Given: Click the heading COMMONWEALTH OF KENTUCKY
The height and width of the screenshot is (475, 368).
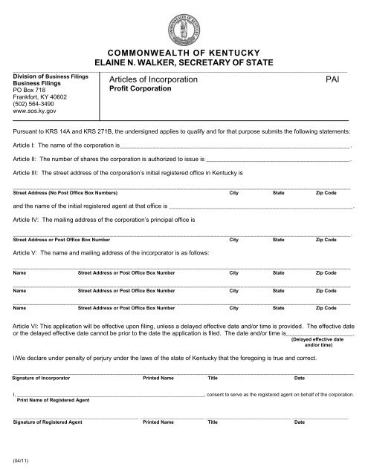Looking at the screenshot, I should point(184,53).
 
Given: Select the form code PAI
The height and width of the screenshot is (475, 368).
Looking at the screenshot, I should point(333,78).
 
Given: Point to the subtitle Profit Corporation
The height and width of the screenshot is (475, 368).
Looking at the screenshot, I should point(141,88).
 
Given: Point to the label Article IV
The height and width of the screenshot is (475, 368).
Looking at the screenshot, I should point(25,220).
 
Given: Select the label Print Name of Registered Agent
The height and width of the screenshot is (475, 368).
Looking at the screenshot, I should point(53,400).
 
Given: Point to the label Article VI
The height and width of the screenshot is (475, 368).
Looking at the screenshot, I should point(25,326).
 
